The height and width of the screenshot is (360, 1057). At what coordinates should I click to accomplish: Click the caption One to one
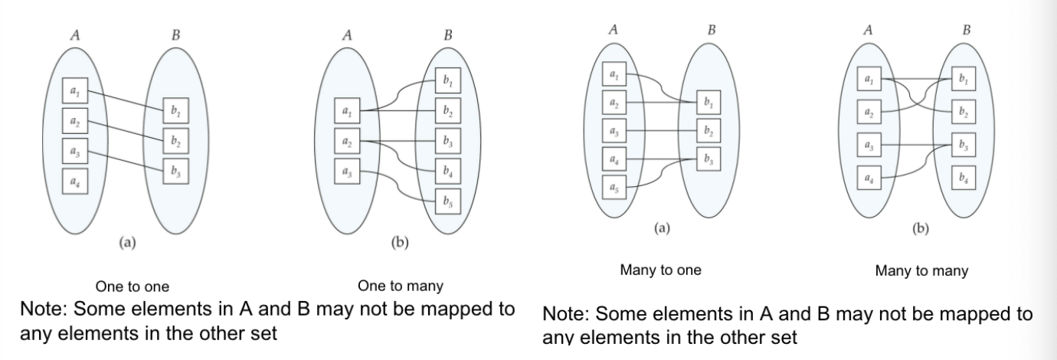pos(132,287)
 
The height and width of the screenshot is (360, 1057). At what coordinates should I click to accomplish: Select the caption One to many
pos(400,286)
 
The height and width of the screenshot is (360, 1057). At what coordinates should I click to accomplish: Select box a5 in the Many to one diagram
pos(613,188)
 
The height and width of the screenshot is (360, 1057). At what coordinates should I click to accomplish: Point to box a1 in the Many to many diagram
pos(867,78)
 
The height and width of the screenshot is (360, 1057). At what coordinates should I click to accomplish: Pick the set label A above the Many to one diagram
pos(614,29)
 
